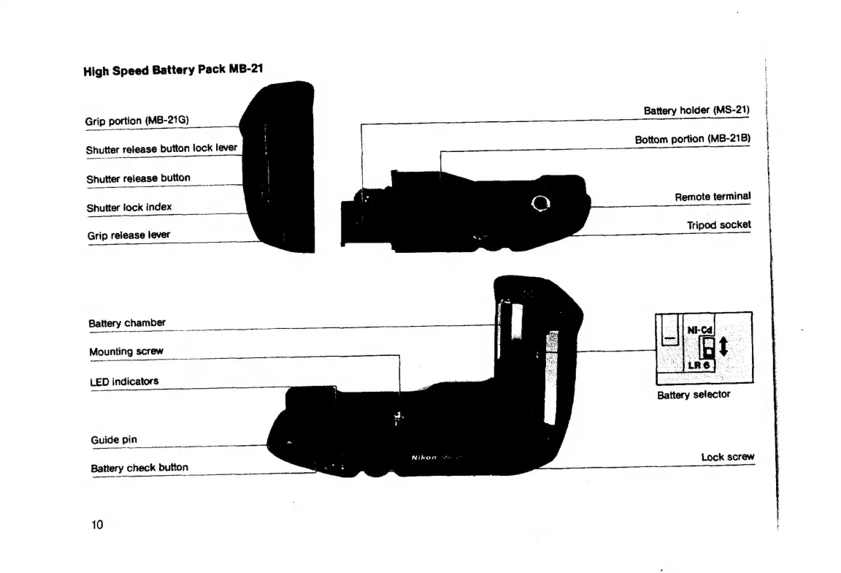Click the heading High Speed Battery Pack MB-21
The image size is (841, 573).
tap(173, 71)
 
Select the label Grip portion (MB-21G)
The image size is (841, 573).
tap(138, 120)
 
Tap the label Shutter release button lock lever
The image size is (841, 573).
tap(161, 148)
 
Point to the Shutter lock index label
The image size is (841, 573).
tap(129, 208)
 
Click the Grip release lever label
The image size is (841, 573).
tap(128, 235)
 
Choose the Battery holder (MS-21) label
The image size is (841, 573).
tap(696, 110)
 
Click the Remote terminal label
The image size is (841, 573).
tap(712, 197)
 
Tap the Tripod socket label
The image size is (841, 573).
tap(718, 225)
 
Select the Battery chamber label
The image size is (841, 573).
tap(127, 323)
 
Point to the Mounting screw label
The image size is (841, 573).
tap(126, 352)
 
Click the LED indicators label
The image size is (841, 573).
tap(124, 382)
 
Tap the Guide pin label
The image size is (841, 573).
tap(113, 440)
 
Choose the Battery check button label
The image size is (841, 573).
tap(139, 468)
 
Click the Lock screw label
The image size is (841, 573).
tap(727, 458)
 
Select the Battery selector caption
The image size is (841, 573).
tap(694, 395)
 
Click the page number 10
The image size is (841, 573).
tap(97, 524)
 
